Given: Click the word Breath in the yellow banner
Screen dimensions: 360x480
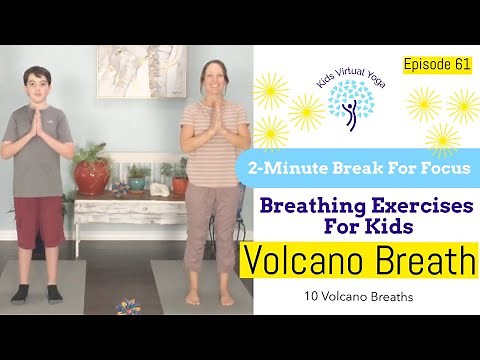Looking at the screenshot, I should tap(424, 262).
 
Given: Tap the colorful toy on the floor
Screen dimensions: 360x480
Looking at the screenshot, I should tap(128, 304).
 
